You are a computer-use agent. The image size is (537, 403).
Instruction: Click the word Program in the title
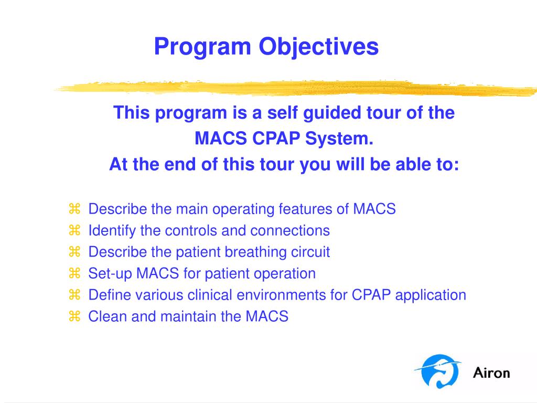click(x=202, y=47)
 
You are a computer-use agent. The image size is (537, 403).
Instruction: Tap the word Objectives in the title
click(x=318, y=47)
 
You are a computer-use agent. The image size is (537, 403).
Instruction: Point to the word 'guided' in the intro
click(x=332, y=113)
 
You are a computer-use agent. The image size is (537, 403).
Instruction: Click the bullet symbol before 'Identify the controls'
click(x=74, y=230)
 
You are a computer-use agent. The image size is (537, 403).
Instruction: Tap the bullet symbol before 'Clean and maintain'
click(x=74, y=316)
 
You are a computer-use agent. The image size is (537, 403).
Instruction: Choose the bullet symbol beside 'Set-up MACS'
click(x=74, y=273)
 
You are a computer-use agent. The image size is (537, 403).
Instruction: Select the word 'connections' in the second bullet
click(x=289, y=231)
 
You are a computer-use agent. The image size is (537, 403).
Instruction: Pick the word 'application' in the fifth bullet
click(x=431, y=295)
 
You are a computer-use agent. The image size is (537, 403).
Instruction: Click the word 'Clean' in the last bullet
click(x=108, y=316)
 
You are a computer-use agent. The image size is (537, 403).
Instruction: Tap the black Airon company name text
click(x=491, y=373)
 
